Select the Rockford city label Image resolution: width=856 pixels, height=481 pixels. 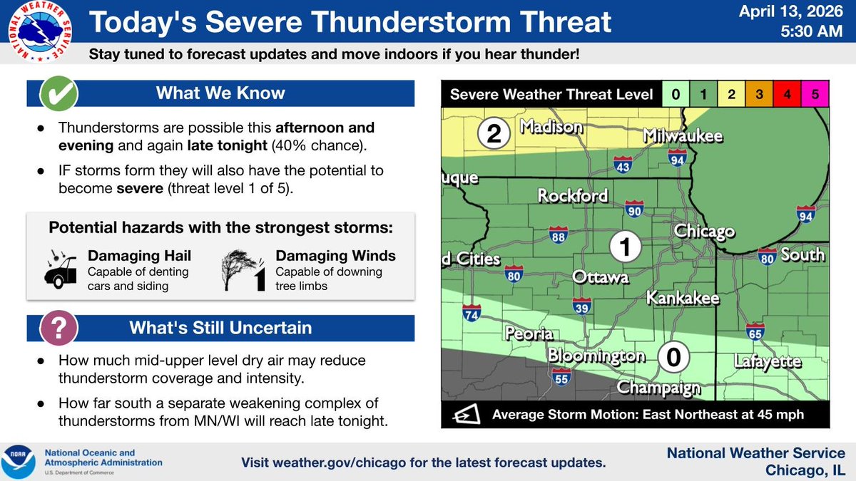click(573, 195)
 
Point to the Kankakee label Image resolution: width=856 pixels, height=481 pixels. click(683, 299)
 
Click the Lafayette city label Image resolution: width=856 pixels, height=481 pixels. click(768, 362)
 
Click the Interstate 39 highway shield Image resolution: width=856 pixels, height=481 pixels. click(581, 306)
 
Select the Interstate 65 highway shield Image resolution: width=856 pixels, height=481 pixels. click(755, 331)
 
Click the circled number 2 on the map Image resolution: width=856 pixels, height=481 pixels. click(493, 133)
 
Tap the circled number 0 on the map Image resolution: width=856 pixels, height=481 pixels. click(671, 356)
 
